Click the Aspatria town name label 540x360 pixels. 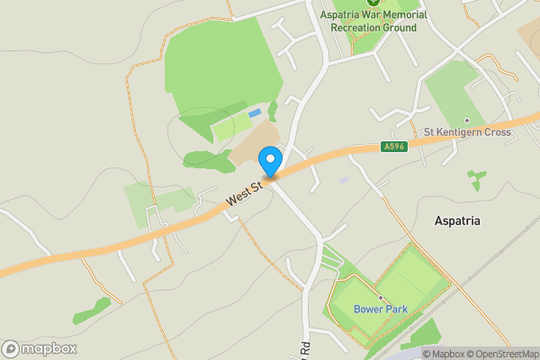point(457,220)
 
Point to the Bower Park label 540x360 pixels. point(380,310)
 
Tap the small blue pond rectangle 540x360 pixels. point(255,113)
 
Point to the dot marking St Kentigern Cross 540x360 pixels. point(466,120)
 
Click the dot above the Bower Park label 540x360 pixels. point(380,297)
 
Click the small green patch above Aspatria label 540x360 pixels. point(475,179)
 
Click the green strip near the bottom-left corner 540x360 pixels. point(92,311)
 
